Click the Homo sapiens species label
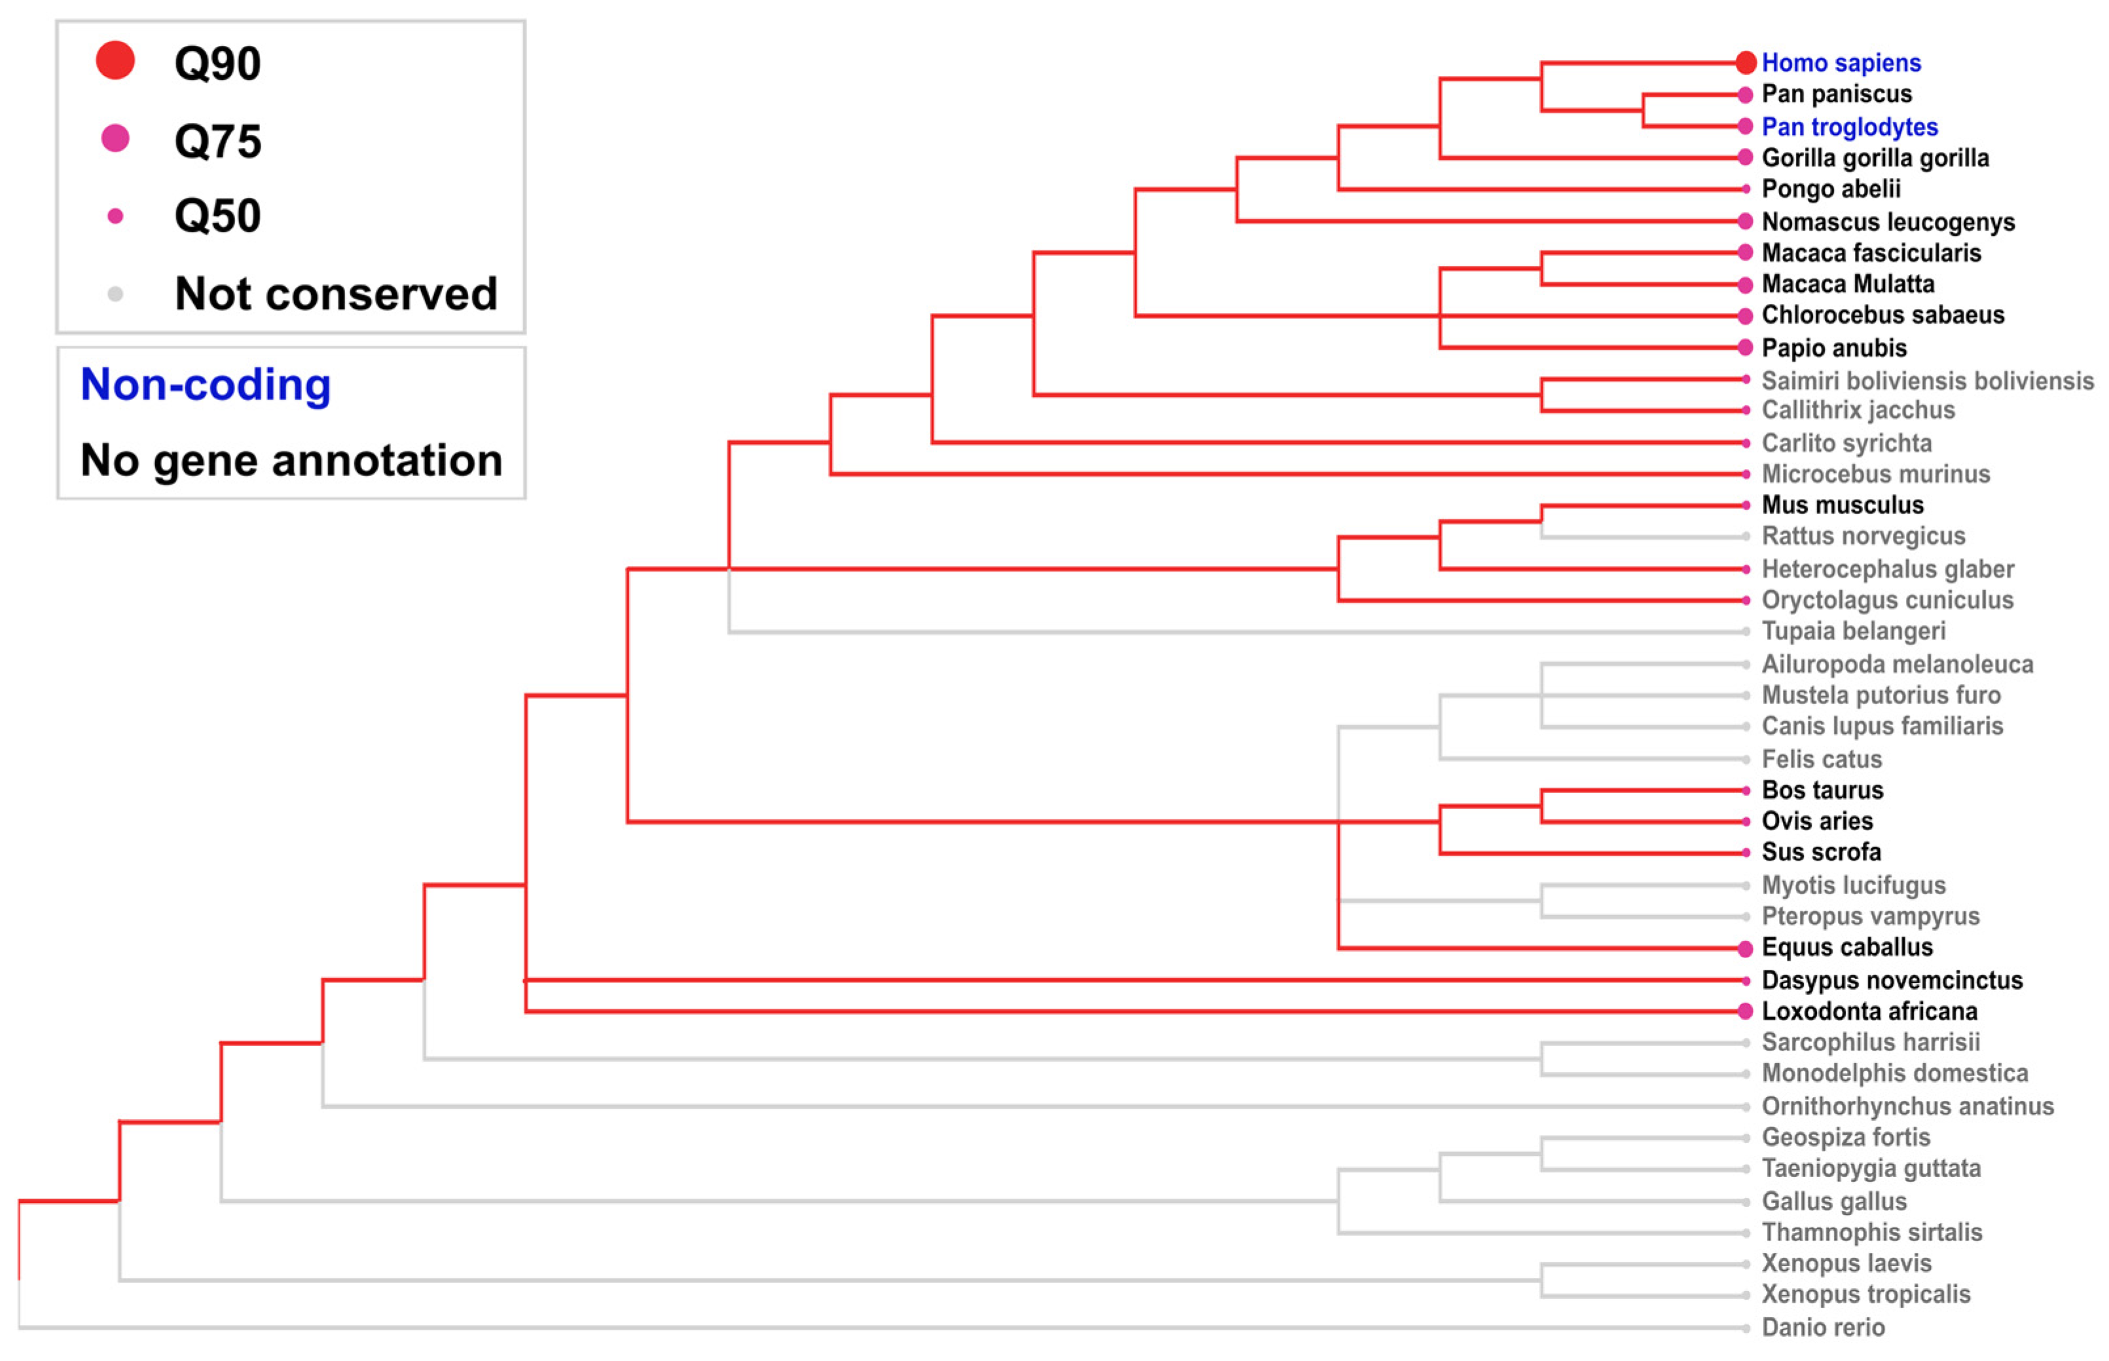[x=1841, y=63]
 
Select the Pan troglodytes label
[x=1849, y=126]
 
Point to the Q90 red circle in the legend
[x=115, y=61]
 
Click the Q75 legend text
[x=217, y=141]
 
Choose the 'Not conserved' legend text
[x=336, y=293]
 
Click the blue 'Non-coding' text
[x=206, y=384]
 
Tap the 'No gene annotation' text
[x=291, y=460]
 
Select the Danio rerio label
[x=1823, y=1328]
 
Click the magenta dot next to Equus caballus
[x=1745, y=948]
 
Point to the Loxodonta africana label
[x=1869, y=1011]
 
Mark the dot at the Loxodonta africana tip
[x=1745, y=1011]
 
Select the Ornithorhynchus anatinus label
[x=1907, y=1106]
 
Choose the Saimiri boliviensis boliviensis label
[x=1927, y=381]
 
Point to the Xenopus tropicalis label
[x=1865, y=1295]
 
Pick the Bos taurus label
[x=1822, y=790]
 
